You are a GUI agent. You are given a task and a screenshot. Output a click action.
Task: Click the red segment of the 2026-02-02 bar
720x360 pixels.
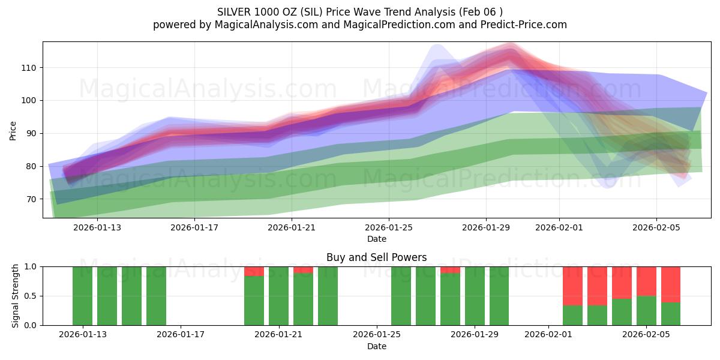[x=572, y=286]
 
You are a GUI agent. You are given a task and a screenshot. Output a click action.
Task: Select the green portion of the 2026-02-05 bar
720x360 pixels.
[x=646, y=310]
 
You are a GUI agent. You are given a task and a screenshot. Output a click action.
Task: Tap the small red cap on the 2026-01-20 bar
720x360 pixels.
[x=254, y=271]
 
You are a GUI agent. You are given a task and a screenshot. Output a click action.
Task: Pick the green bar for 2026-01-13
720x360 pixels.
[x=82, y=296]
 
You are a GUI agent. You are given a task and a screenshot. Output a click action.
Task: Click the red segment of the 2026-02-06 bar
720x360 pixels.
[x=671, y=284]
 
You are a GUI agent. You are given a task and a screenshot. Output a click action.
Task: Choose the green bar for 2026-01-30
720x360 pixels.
[x=499, y=296]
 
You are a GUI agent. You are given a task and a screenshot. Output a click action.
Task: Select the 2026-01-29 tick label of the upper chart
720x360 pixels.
[x=485, y=227]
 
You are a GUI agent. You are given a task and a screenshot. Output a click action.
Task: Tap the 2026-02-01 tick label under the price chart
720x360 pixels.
[x=559, y=227]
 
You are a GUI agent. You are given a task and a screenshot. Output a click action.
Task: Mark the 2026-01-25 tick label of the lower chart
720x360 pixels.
[x=376, y=335]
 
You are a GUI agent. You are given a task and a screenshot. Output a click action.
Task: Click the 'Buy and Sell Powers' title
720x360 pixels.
[x=376, y=257]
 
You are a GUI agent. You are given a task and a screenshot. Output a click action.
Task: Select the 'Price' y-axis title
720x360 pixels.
[x=13, y=130]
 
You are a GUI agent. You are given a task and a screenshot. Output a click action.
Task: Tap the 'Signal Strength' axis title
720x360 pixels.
[x=16, y=296]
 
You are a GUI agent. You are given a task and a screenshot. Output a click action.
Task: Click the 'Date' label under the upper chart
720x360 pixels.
[x=376, y=239]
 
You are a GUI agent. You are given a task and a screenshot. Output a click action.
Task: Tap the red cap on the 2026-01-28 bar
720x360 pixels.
[x=450, y=270]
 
